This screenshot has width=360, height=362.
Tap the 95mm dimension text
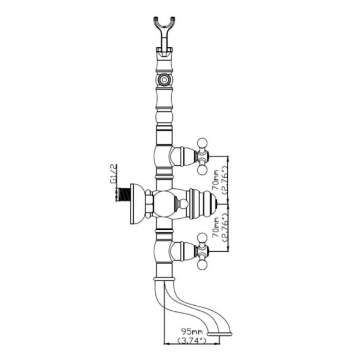point(192,332)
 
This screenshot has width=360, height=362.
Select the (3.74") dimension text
point(192,340)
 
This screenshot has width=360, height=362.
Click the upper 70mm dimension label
point(216,180)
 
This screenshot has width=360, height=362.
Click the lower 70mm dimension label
point(216,227)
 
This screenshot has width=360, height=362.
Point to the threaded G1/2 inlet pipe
point(123,194)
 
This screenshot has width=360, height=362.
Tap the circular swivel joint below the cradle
point(164,80)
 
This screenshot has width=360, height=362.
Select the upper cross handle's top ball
point(203,143)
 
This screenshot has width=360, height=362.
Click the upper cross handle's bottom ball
point(203,170)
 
